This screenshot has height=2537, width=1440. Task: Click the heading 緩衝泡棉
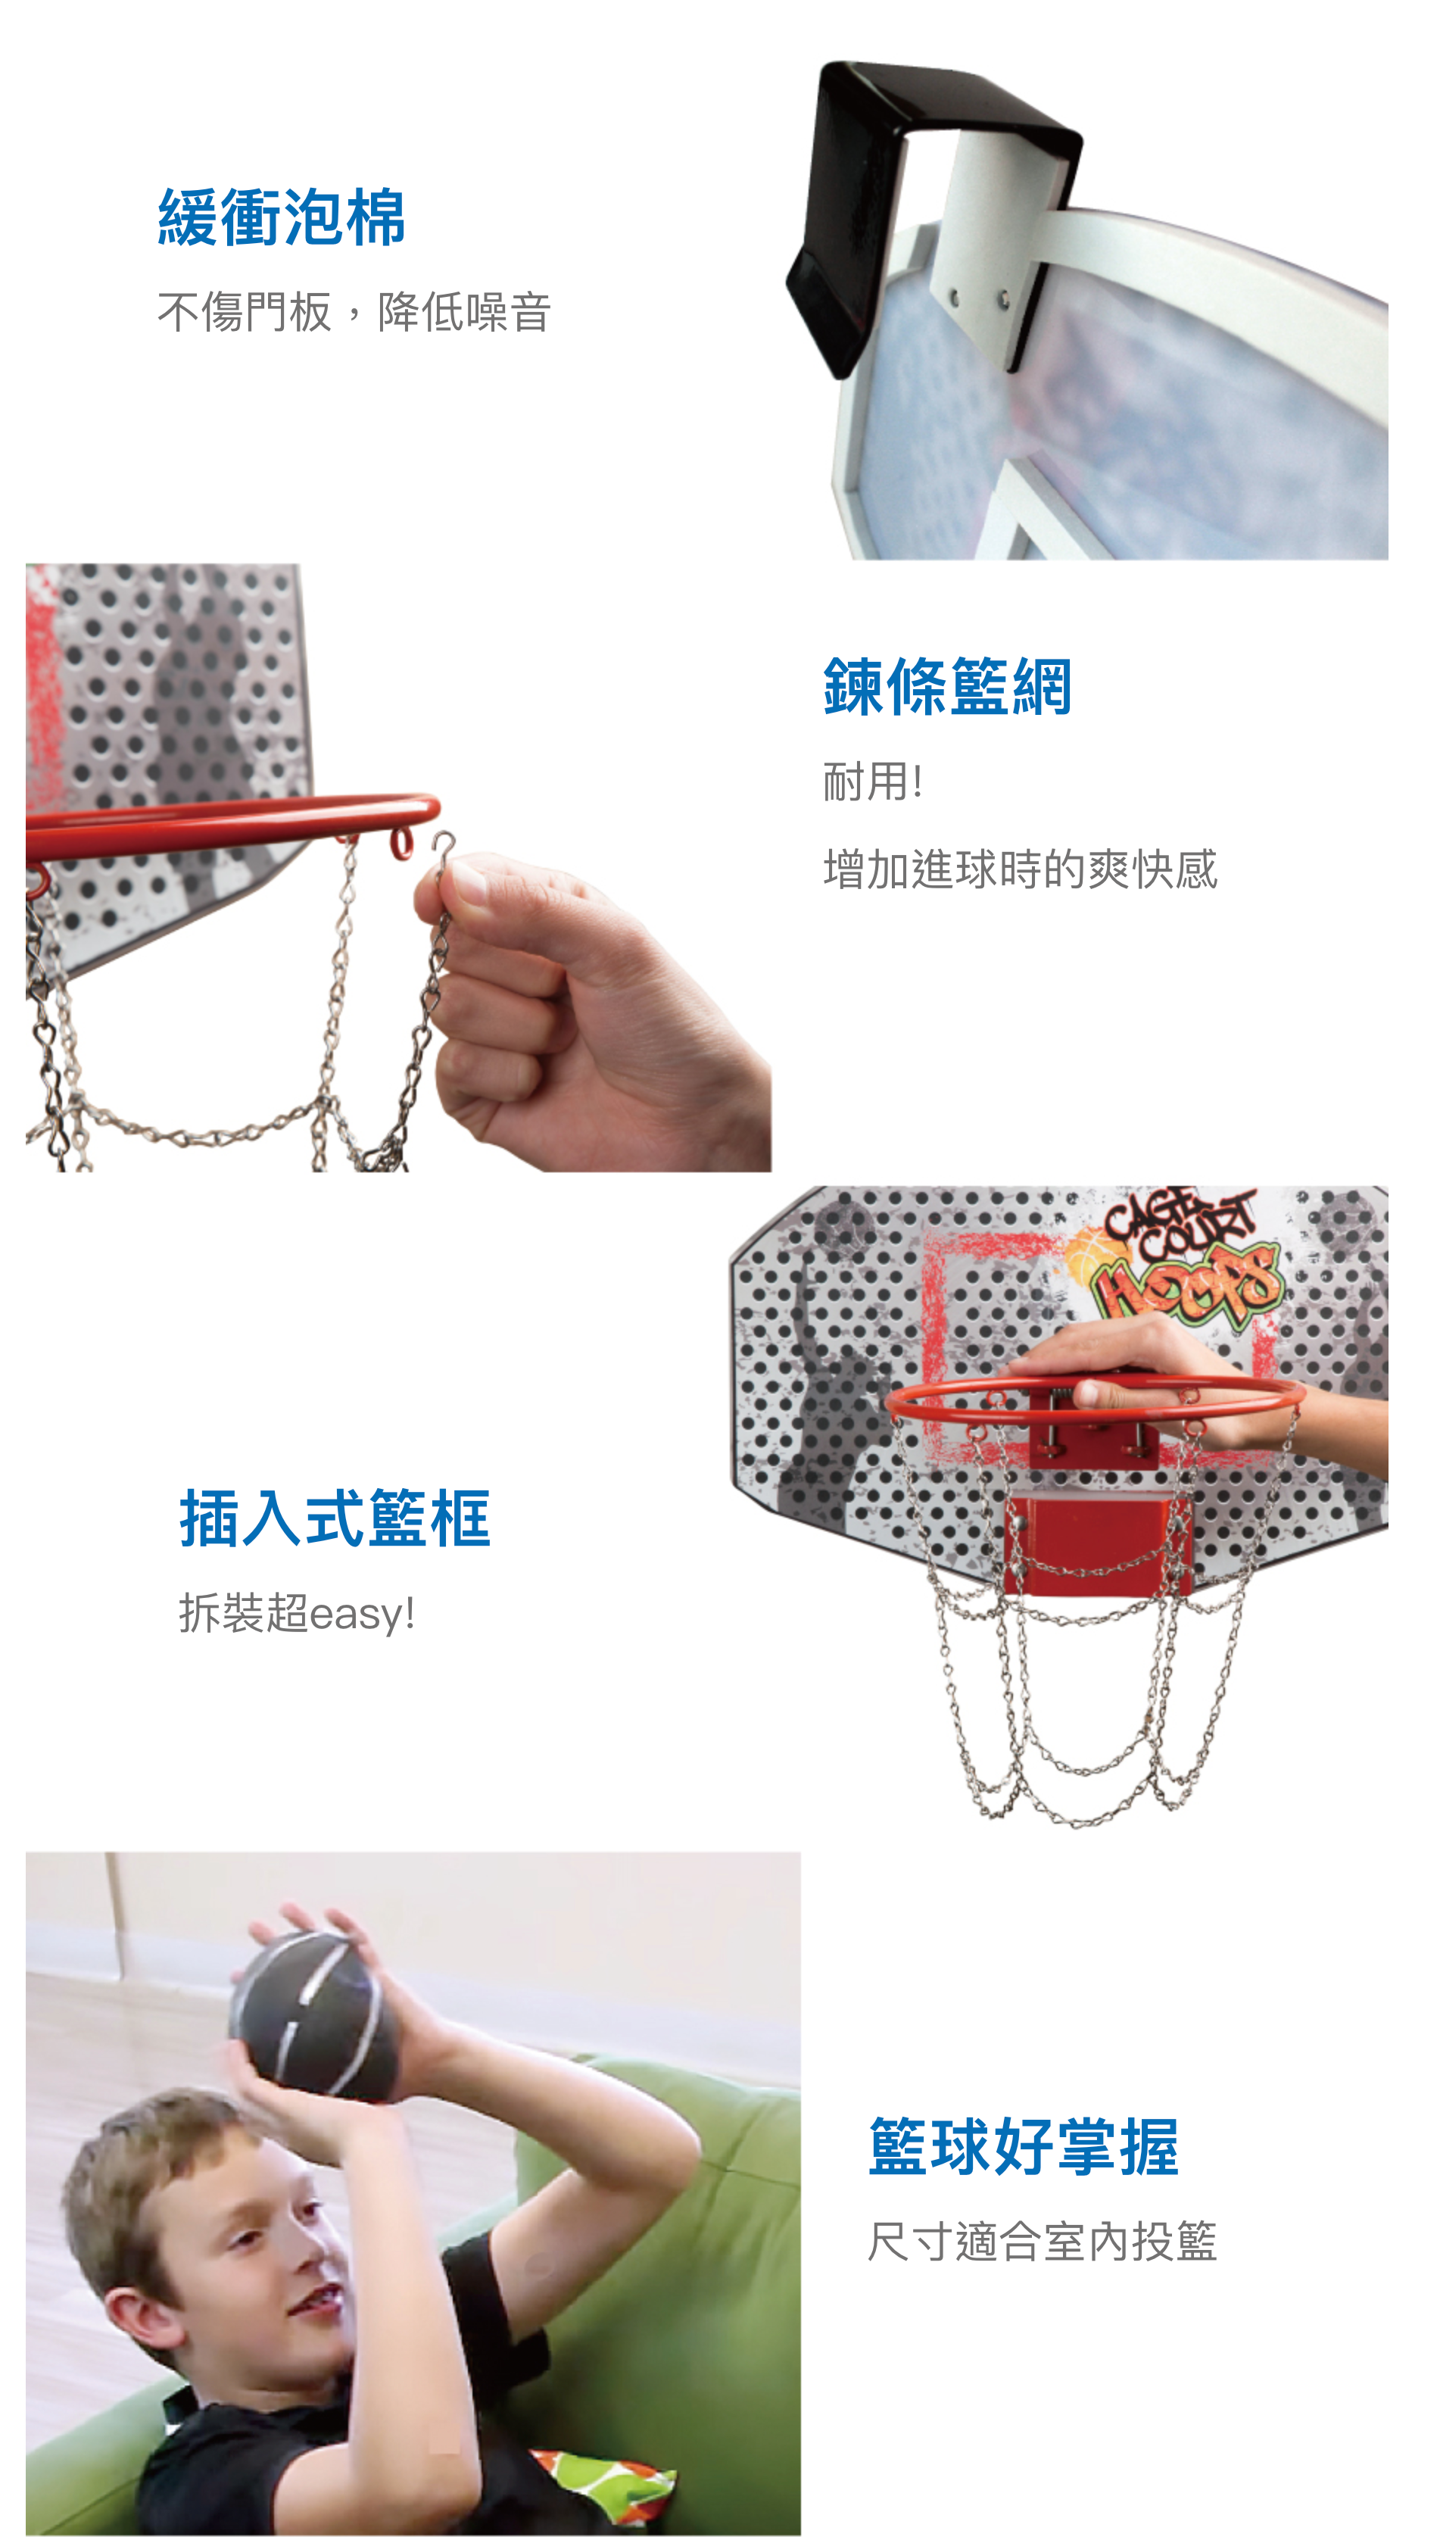tap(282, 217)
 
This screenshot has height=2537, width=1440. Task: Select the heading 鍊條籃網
tap(947, 686)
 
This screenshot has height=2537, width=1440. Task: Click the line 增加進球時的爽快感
tap(1020, 869)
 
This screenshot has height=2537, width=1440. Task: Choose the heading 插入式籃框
tap(335, 1518)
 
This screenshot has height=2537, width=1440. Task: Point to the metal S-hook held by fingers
tap(443, 850)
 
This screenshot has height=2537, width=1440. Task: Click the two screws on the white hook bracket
tap(978, 296)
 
